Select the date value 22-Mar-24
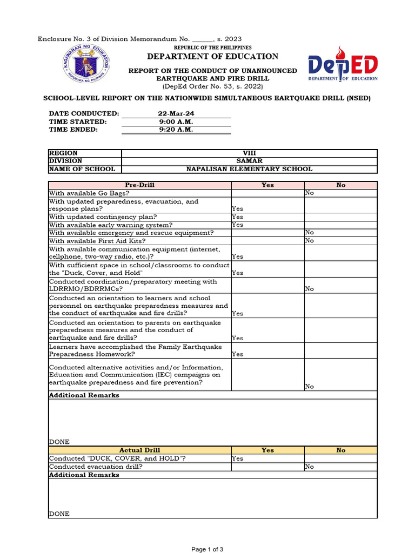(x=176, y=113)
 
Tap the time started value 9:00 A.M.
(x=176, y=122)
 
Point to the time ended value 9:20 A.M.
(x=176, y=130)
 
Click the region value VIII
(x=249, y=153)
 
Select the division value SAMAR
(x=249, y=161)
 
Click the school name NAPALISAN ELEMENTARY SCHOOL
(x=249, y=169)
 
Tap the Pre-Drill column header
(x=140, y=185)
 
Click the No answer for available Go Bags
(x=310, y=193)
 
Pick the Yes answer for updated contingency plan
(x=238, y=217)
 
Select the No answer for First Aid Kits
(x=310, y=241)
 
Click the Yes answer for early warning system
(x=238, y=225)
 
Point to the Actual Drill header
(x=140, y=450)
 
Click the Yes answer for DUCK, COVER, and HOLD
(x=238, y=458)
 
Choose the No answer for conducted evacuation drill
(x=310, y=467)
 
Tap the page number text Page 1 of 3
(x=207, y=549)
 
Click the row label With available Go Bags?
(x=89, y=193)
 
